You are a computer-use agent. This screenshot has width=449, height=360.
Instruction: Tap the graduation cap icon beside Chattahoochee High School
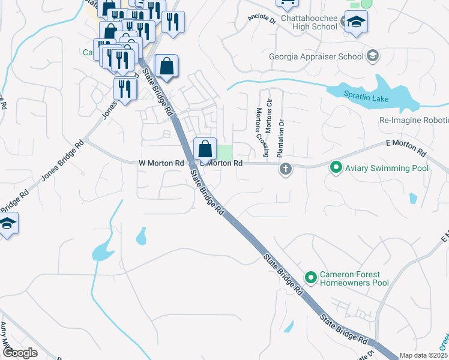click(x=356, y=23)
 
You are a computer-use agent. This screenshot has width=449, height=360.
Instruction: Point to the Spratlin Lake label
click(x=366, y=98)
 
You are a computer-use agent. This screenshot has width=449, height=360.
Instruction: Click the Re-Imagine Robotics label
click(x=414, y=120)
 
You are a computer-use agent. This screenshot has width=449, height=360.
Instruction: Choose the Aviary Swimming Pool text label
click(x=387, y=168)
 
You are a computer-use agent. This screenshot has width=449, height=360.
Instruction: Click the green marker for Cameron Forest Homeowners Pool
click(x=311, y=277)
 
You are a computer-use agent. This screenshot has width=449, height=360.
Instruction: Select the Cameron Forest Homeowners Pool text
click(x=354, y=278)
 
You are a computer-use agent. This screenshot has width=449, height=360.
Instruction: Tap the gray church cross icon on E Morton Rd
click(x=285, y=169)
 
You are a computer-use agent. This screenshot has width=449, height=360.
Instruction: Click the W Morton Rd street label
click(x=161, y=163)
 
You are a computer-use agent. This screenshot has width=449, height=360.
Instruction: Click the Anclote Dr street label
click(x=261, y=19)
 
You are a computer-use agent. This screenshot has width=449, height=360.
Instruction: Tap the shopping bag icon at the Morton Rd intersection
click(x=205, y=148)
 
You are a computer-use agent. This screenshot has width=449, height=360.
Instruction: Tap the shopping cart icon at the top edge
click(x=287, y=3)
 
